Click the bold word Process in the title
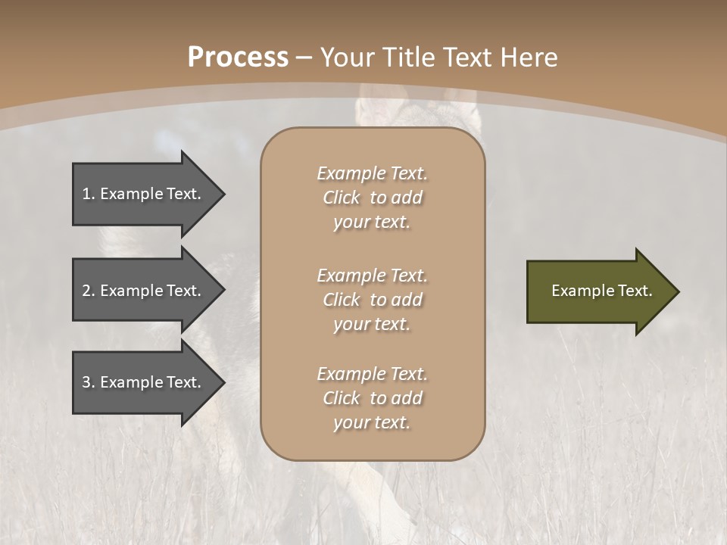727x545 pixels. coord(238,57)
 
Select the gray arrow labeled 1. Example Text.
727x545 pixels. coord(144,194)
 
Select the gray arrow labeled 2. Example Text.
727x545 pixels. coord(144,291)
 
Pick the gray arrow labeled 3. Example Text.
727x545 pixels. coord(144,382)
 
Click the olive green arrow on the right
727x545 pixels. coord(591,291)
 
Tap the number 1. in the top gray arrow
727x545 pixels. coord(89,194)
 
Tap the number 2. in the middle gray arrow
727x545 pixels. coord(89,291)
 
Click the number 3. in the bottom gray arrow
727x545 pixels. coord(89,382)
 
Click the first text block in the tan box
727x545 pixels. coord(372,198)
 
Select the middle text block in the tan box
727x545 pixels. coord(372,300)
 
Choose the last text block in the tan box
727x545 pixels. coord(372,398)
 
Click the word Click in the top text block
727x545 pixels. coord(342,198)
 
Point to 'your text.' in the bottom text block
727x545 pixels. coord(372,422)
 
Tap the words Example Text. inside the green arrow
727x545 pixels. coord(601,291)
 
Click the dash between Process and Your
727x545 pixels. coord(304,58)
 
